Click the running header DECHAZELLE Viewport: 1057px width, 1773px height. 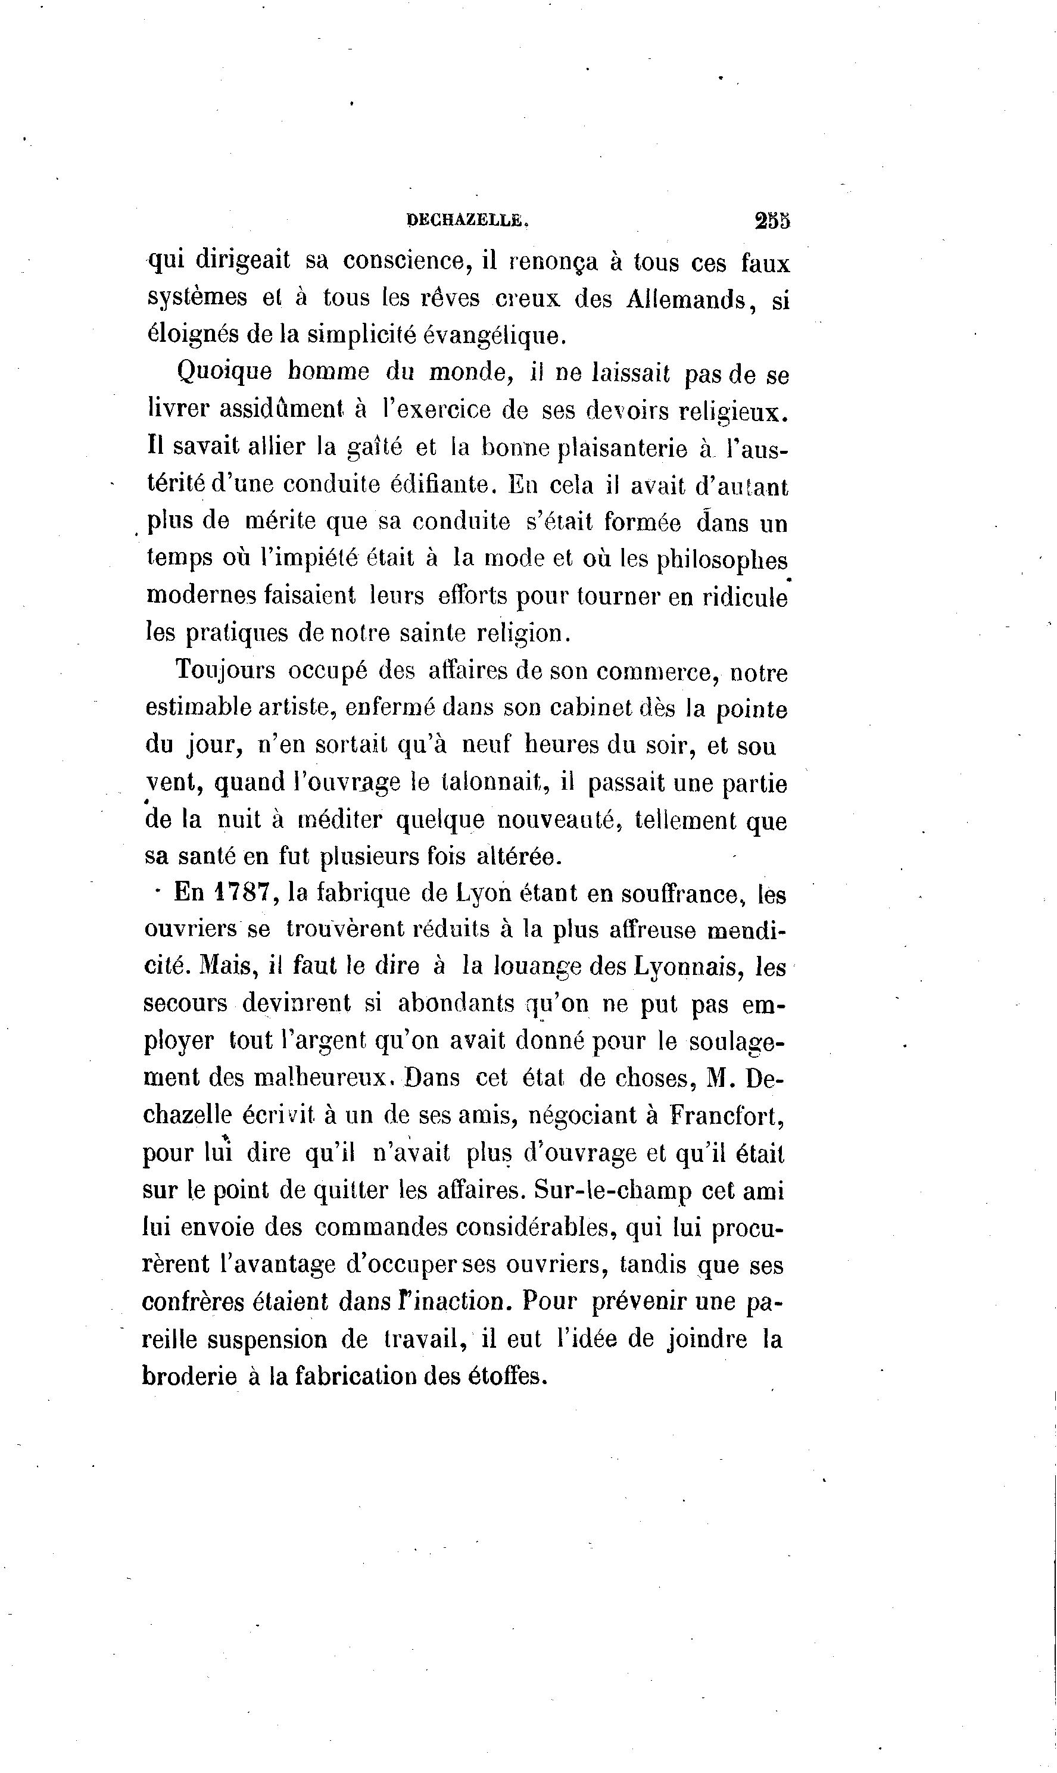pyautogui.click(x=467, y=221)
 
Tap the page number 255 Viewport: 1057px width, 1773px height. pyautogui.click(x=772, y=221)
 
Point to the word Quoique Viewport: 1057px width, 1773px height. pyautogui.click(x=224, y=373)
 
